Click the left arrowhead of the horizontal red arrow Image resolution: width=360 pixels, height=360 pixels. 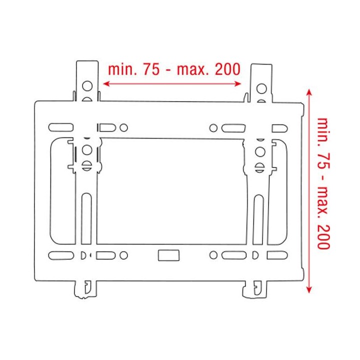(105, 84)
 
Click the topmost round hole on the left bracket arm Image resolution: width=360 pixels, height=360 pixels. (86, 85)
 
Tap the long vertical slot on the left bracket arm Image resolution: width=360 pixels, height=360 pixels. (86, 215)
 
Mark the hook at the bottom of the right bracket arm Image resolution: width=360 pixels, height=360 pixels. (255, 288)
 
